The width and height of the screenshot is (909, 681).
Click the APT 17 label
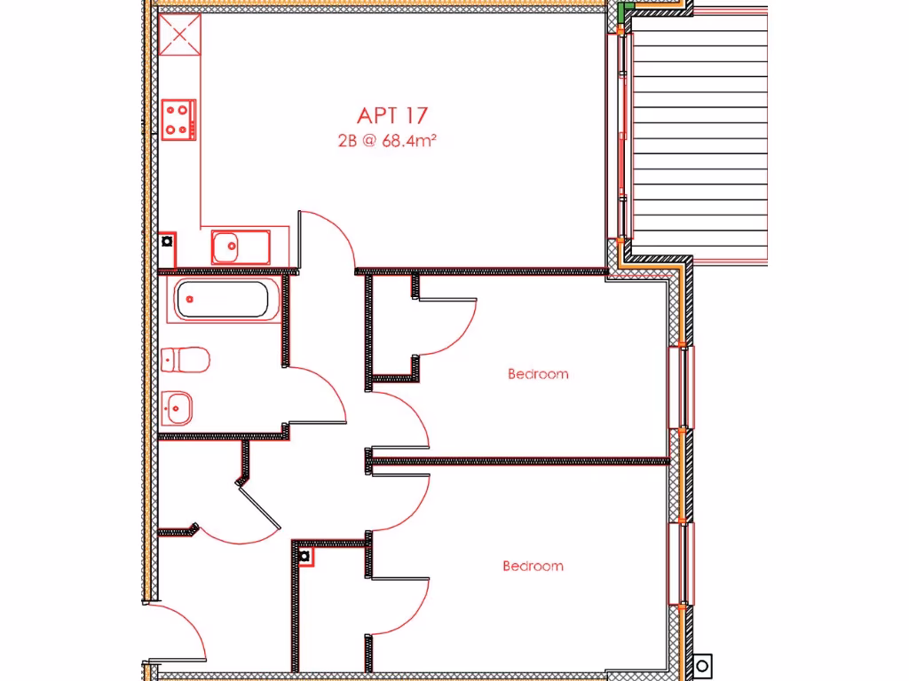point(392,115)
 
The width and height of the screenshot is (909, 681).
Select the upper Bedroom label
point(538,374)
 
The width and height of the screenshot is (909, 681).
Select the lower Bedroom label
point(533,566)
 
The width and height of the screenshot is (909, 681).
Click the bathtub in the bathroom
point(223,299)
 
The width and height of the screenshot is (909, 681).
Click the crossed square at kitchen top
point(179,35)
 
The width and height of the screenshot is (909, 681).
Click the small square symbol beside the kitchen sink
point(167,240)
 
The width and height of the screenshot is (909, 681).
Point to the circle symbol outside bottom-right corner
point(702,664)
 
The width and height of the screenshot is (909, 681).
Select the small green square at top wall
point(625,10)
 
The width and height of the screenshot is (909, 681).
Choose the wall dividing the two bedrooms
point(519,461)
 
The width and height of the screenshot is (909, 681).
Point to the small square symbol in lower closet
point(304,556)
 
